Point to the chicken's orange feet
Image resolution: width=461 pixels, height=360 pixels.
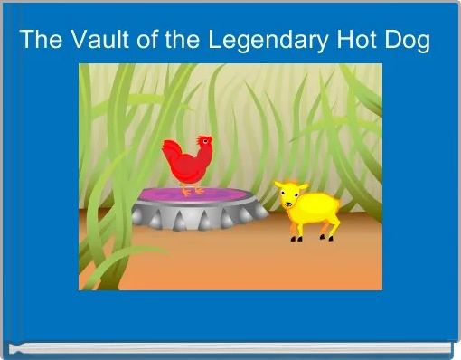click(x=192, y=191)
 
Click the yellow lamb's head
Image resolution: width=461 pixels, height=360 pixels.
click(x=290, y=194)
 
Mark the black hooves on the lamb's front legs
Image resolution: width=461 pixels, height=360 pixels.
click(x=296, y=240)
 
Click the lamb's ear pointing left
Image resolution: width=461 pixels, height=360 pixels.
click(x=279, y=185)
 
